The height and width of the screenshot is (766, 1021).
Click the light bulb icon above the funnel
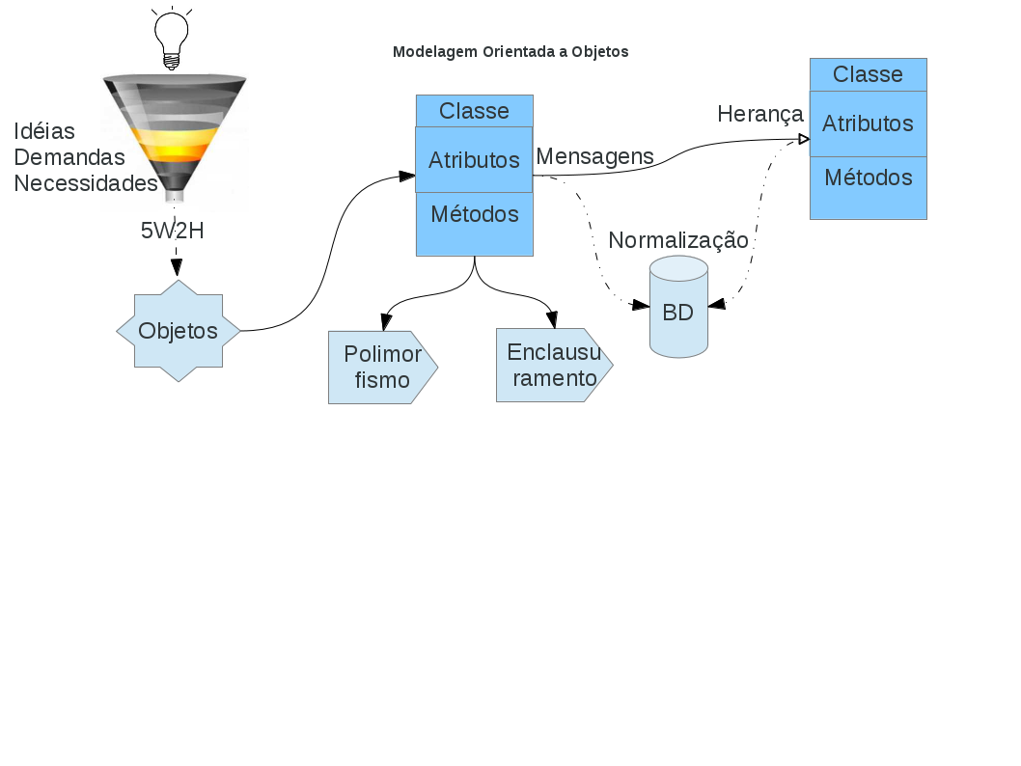172,37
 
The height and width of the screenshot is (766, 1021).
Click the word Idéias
44,131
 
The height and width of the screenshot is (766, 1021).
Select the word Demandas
69,156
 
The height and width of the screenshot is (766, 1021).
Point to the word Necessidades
85,182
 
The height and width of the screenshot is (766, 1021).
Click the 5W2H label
173,231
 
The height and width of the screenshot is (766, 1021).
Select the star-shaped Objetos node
178,331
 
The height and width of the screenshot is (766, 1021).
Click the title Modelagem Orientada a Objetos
510,52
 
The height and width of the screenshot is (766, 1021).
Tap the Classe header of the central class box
474,111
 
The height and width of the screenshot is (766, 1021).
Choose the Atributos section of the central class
474,160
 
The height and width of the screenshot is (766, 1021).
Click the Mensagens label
594,156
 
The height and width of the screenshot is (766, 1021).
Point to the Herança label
760,115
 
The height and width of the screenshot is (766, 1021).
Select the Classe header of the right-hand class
868,74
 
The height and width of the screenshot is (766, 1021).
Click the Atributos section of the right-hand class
868,124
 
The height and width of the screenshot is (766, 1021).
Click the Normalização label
678,240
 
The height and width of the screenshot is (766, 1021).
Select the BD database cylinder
678,309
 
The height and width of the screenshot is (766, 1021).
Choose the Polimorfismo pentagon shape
382,368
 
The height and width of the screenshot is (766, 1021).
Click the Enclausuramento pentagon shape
553,365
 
